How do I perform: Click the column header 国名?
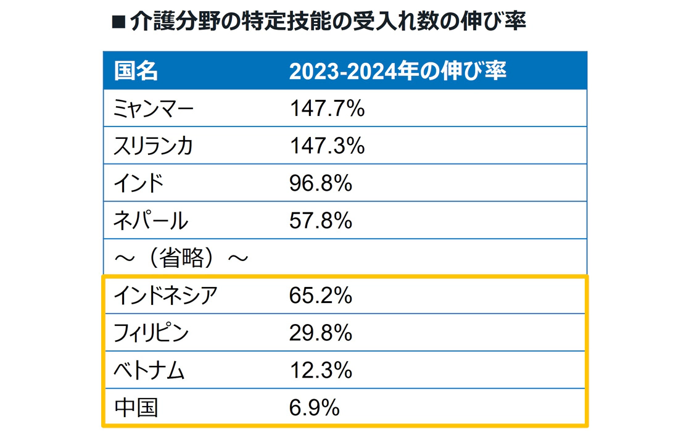click(136, 72)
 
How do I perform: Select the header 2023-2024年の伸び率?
click(397, 72)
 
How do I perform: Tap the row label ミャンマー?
click(154, 109)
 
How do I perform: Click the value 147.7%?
click(327, 109)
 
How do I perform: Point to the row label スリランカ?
click(154, 146)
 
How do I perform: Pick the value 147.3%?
click(327, 146)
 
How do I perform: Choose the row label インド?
click(139, 183)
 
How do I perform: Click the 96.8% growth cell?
click(320, 183)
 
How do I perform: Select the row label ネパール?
click(151, 220)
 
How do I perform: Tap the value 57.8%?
click(320, 220)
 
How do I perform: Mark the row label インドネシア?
click(165, 296)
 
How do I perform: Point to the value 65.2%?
click(320, 296)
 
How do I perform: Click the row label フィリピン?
click(151, 333)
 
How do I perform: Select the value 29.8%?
click(320, 333)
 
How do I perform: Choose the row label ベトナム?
click(149, 371)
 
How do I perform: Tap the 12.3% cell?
click(320, 371)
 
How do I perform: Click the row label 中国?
click(136, 408)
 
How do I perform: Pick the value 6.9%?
click(314, 408)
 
